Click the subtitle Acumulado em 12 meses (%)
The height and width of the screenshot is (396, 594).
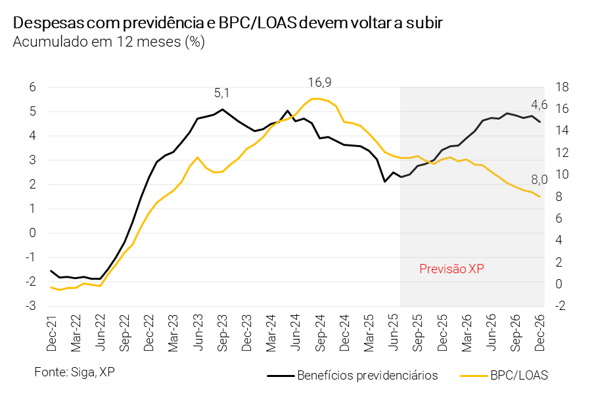[x=109, y=43]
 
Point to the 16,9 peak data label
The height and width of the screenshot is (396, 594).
[x=320, y=83]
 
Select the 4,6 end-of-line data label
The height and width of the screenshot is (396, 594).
[x=539, y=104]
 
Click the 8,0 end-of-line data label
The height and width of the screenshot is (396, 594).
[x=539, y=179]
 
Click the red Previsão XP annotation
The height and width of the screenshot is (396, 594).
[x=451, y=269]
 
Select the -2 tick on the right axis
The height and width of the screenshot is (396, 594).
[x=562, y=306]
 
